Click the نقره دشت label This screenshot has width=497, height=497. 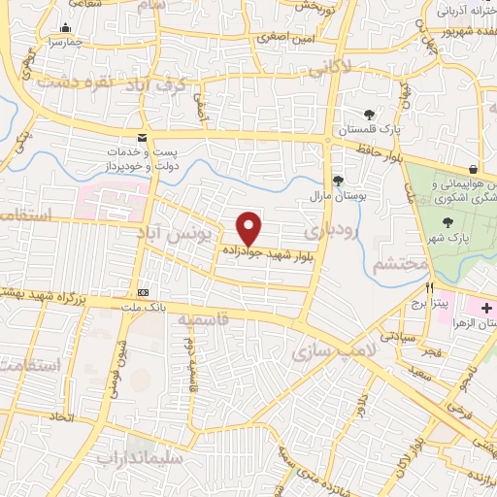point(70,84)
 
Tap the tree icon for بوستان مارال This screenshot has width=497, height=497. point(338,180)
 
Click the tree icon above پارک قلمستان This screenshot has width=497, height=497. point(369,115)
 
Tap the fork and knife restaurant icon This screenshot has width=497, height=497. point(428,289)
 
